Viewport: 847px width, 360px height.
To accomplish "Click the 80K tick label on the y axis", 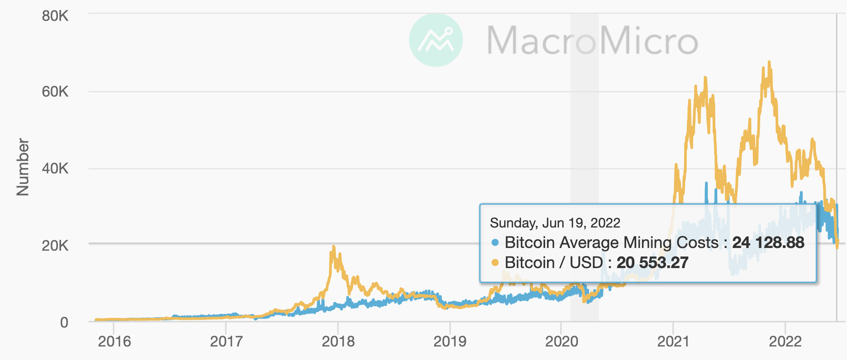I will [55, 16].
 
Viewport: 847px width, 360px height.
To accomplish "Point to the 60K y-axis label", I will [55, 92].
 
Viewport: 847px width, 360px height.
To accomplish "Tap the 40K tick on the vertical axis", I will [55, 169].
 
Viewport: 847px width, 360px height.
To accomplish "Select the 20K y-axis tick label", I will [55, 246].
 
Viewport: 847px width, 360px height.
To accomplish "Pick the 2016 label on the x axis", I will [114, 341].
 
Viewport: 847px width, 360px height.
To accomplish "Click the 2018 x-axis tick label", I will [338, 341].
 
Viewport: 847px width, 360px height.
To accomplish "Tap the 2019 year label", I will [450, 341].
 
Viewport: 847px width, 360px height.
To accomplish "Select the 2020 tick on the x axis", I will [561, 341].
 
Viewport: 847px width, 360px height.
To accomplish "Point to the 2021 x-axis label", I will [673, 341].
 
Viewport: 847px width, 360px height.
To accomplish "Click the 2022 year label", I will [785, 341].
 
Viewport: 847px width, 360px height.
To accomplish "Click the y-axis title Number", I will [23, 167].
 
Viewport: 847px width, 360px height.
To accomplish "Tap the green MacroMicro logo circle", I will [436, 40].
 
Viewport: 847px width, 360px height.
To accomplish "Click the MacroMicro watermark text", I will [592, 40].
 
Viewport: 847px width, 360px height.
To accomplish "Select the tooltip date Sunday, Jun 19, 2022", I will [555, 223].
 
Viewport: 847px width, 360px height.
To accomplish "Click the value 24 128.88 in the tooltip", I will [768, 243].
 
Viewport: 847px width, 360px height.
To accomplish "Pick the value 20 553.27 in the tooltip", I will [652, 263].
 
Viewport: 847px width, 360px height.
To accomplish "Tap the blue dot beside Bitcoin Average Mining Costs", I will [495, 243].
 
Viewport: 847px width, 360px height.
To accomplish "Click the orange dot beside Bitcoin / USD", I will [495, 263].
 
